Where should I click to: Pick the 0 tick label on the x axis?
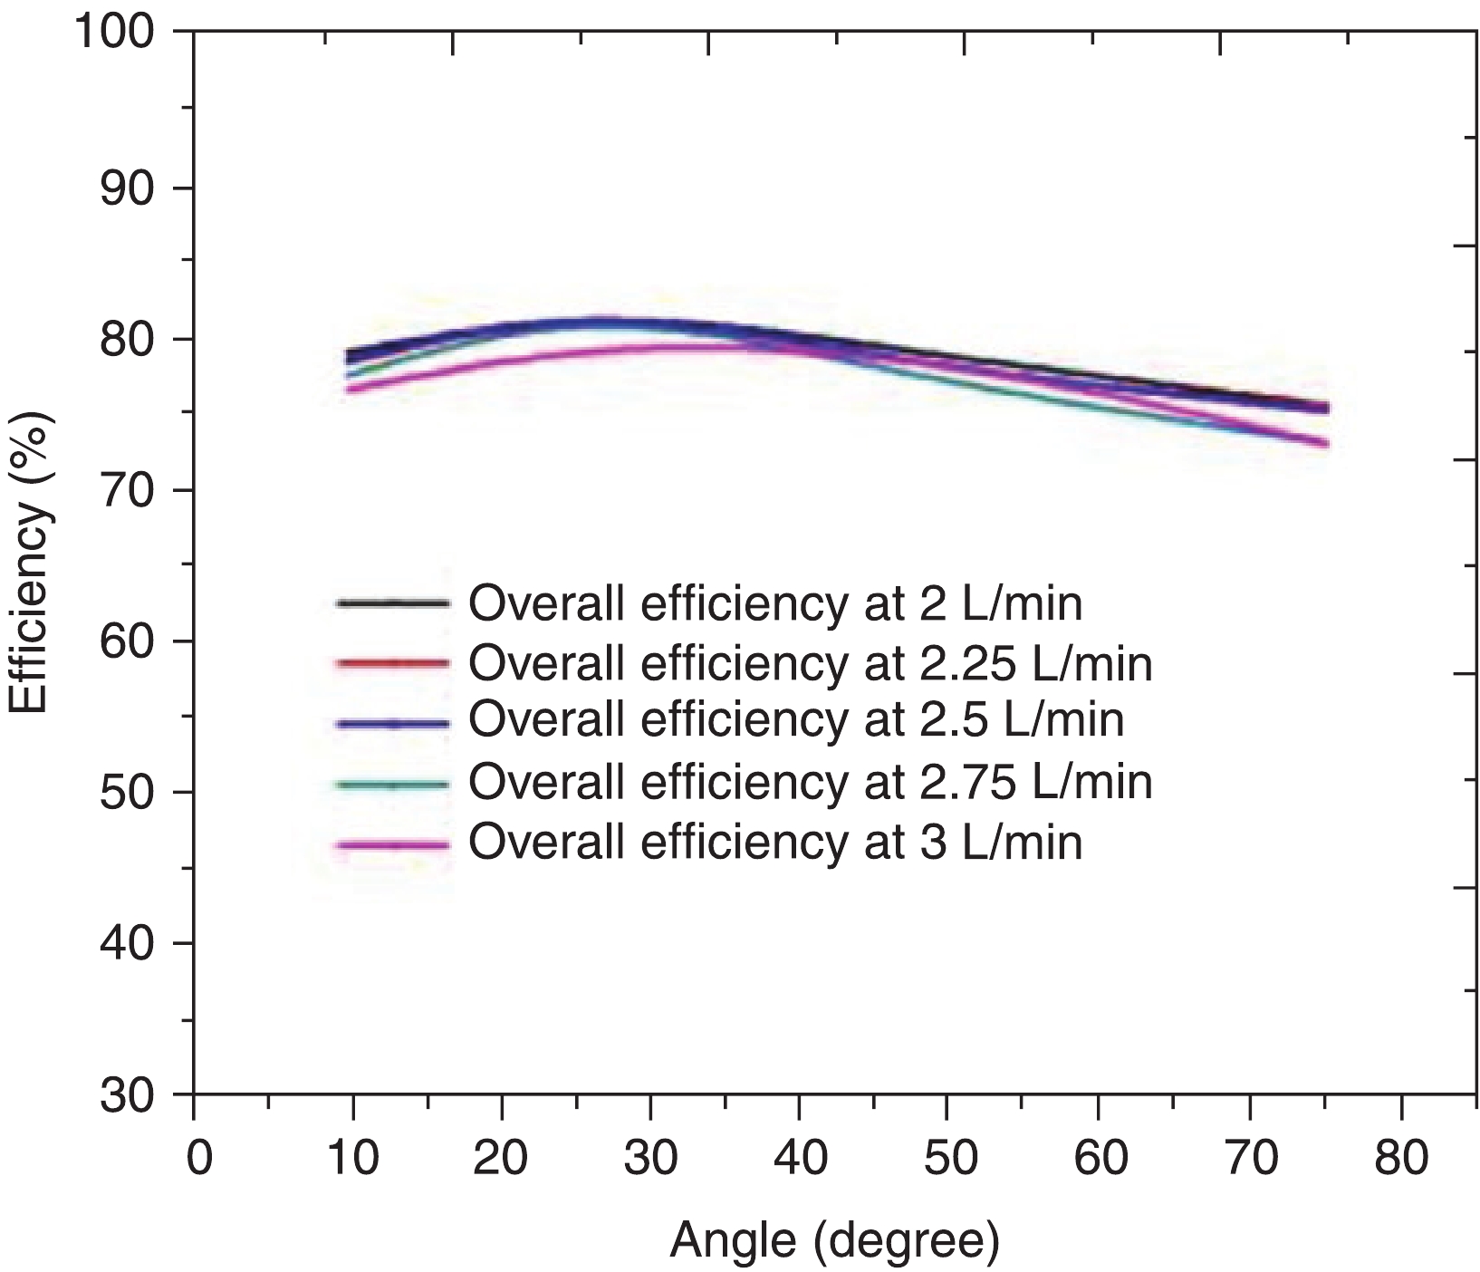(x=195, y=1159)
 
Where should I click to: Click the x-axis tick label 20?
(x=501, y=1159)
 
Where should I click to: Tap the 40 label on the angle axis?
(x=798, y=1159)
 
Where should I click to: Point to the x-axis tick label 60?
(x=1098, y=1159)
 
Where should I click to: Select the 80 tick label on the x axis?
(x=1400, y=1159)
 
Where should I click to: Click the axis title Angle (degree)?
(x=834, y=1242)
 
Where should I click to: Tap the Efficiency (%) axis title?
(x=29, y=562)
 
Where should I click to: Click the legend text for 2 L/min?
(x=774, y=603)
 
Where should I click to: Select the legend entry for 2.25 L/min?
(x=810, y=663)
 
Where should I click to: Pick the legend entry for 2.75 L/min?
(x=810, y=781)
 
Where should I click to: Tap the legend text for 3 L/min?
(x=774, y=842)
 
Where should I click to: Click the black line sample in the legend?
(x=392, y=602)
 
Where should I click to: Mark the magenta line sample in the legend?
(x=392, y=844)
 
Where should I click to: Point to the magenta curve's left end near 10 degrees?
(x=351, y=390)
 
